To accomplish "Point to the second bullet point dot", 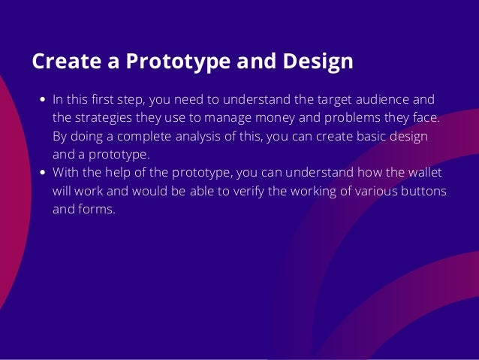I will click(x=43, y=173).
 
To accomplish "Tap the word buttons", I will click(x=423, y=191).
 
